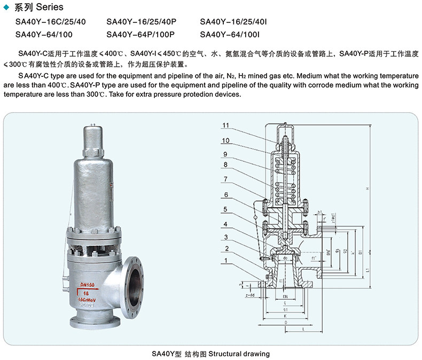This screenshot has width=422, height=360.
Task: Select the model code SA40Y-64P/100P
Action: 142,35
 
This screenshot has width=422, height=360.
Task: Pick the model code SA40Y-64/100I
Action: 230,35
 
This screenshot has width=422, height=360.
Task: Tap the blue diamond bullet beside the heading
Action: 6,7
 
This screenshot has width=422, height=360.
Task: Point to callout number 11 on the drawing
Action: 226,126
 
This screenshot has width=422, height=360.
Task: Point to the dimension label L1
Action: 370,271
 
